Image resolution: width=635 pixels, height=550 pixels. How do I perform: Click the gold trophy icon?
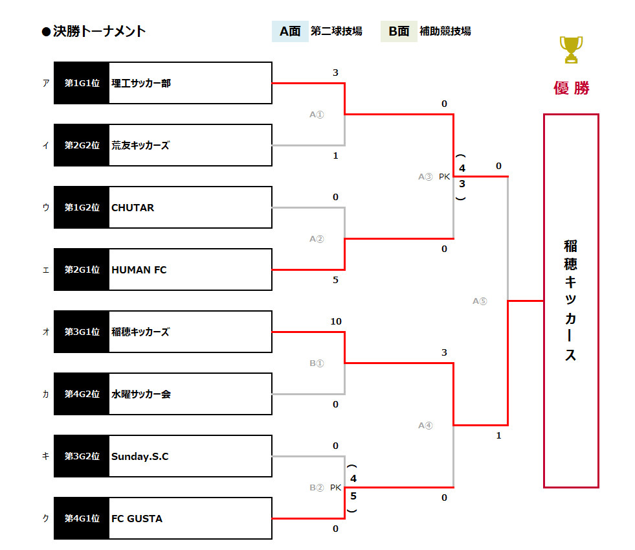[x=570, y=49]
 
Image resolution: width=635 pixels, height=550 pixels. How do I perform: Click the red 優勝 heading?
[x=571, y=88]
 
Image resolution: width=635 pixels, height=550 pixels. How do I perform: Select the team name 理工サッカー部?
[x=141, y=83]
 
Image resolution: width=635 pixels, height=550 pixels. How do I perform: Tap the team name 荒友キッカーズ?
[x=140, y=145]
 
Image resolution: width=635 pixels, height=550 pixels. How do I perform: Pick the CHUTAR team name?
[x=133, y=207]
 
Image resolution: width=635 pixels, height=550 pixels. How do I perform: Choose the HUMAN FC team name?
[x=139, y=269]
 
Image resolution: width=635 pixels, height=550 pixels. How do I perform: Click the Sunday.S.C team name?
[x=140, y=456]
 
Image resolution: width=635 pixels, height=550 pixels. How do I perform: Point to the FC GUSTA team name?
[x=137, y=518]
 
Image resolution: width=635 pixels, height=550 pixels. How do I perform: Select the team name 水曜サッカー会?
[x=141, y=394]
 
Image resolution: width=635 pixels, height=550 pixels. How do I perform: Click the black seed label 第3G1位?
[x=82, y=332]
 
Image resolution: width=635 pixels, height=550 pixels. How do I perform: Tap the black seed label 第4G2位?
[x=82, y=394]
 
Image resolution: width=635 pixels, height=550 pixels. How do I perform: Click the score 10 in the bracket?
[x=335, y=321]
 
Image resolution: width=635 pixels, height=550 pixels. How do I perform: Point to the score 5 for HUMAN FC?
[x=335, y=280]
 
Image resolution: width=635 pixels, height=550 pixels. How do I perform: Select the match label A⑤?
[x=479, y=301]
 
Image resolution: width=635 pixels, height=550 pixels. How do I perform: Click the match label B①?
[x=316, y=363]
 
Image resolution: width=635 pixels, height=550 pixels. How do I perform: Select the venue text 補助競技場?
[x=445, y=31]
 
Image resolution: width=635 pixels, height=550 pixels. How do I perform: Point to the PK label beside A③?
[x=444, y=176]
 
